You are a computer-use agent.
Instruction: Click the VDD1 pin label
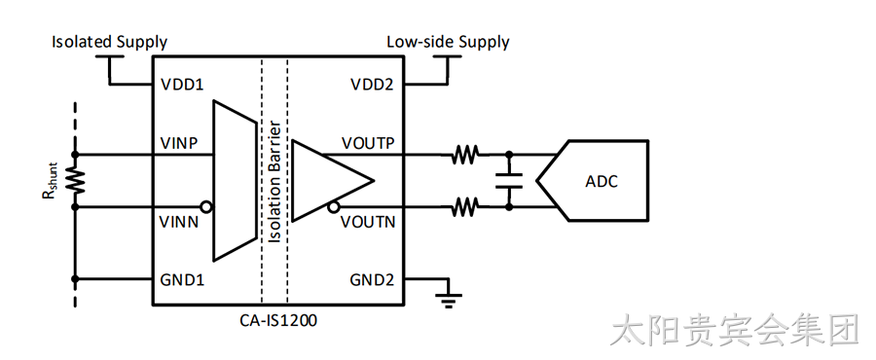[182, 85]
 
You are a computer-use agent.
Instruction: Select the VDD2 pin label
[372, 85]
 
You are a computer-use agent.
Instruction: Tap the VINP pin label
[180, 143]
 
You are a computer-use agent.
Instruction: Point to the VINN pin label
[180, 222]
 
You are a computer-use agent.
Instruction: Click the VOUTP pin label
[368, 143]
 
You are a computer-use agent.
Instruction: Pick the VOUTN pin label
[368, 222]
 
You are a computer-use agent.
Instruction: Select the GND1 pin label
[182, 279]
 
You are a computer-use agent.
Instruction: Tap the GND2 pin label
[372, 279]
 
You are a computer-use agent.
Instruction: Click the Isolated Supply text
[109, 43]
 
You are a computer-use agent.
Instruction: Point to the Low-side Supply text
[448, 43]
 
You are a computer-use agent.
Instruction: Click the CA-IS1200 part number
[278, 321]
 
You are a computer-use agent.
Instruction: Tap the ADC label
[602, 181]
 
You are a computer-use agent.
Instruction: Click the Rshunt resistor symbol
[76, 180]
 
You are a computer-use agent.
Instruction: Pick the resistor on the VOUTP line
[465, 154]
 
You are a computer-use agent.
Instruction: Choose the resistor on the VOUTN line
[465, 207]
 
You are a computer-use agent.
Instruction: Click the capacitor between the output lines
[509, 180]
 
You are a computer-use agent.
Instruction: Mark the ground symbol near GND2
[447, 301]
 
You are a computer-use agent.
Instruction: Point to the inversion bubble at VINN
[206, 207]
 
